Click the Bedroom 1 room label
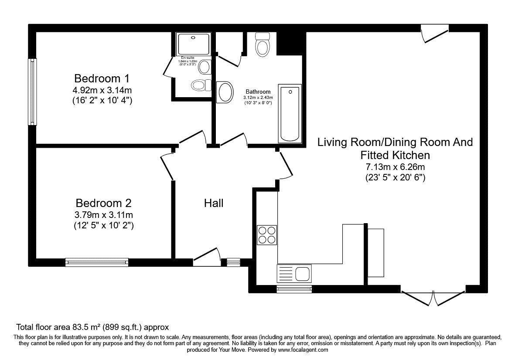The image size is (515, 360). [x=102, y=79]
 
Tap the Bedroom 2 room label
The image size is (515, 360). [x=103, y=203]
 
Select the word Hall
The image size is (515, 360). [x=214, y=203]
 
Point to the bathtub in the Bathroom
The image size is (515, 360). [x=290, y=113]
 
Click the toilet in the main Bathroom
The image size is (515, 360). [x=262, y=44]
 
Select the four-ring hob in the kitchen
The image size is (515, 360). [x=267, y=235]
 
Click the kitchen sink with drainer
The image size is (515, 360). [x=294, y=274]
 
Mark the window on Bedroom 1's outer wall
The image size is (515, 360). [x=32, y=92]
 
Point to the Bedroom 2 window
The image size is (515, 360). [x=96, y=262]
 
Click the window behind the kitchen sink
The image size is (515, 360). [x=294, y=289]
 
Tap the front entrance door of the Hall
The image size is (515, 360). [x=206, y=258]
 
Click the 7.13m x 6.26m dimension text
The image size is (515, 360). [x=395, y=167]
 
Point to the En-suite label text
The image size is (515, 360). [x=188, y=58]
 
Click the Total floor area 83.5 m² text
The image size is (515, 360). [x=92, y=327]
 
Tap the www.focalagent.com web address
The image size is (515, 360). [x=303, y=350]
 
